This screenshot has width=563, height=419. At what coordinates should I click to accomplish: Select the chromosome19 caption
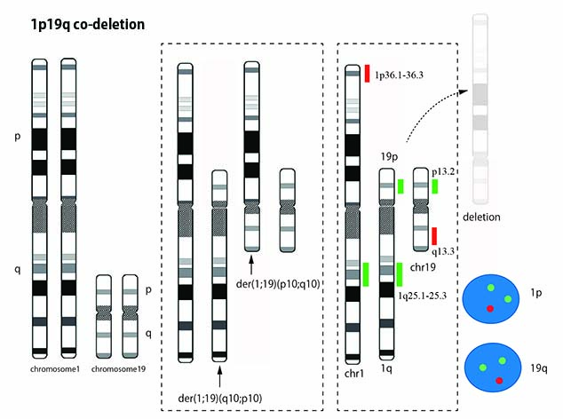(x=121, y=367)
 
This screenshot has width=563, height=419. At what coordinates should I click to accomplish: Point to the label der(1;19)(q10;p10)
(x=218, y=396)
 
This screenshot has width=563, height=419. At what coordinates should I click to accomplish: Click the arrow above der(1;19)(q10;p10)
(x=218, y=372)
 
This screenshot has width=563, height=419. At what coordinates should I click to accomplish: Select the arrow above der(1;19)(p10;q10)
(x=252, y=263)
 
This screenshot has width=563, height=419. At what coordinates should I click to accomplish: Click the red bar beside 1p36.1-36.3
(x=367, y=74)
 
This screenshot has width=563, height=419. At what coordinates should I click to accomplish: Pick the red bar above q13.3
(x=435, y=235)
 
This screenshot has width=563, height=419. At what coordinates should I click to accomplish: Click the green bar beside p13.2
(x=435, y=186)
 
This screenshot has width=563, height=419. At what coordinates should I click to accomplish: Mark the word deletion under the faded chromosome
(x=483, y=217)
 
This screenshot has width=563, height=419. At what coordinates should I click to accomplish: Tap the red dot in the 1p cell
(x=491, y=307)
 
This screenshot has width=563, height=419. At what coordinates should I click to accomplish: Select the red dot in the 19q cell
(x=500, y=379)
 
